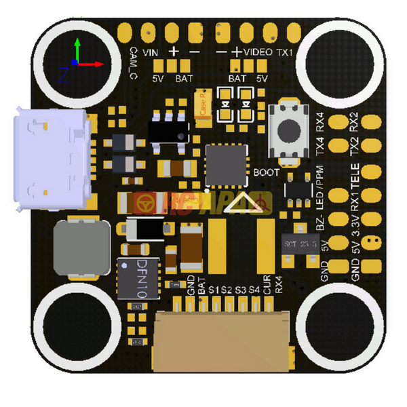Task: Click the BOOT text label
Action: pos(266,173)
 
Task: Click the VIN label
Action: pos(151,52)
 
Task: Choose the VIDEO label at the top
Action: pos(259,52)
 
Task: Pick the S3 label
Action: pos(241,290)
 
